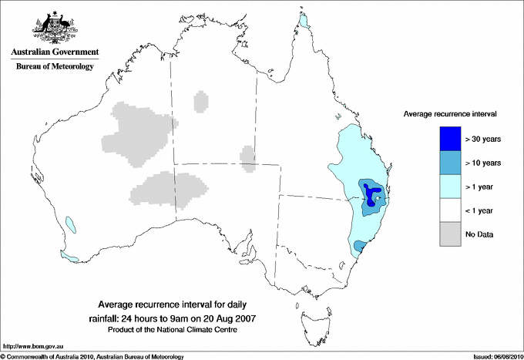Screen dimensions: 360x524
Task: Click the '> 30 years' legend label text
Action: tap(483, 140)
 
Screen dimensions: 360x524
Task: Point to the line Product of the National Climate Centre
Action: tap(171, 330)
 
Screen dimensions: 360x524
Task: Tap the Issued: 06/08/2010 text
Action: tap(494, 356)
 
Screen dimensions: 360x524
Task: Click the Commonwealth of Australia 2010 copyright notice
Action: tap(92, 356)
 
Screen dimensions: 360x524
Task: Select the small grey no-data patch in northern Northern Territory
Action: tap(200, 101)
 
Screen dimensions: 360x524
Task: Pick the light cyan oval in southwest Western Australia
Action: tap(71, 224)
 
